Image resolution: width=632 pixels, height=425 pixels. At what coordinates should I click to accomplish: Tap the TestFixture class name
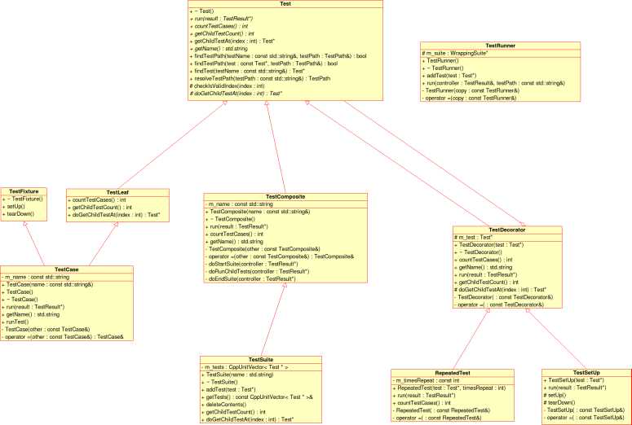click(x=24, y=191)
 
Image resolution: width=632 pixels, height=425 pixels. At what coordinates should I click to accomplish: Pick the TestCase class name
click(x=66, y=269)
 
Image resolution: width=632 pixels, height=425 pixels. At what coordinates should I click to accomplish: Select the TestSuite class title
click(x=261, y=359)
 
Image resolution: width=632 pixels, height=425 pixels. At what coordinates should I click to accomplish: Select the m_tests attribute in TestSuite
click(x=245, y=366)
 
